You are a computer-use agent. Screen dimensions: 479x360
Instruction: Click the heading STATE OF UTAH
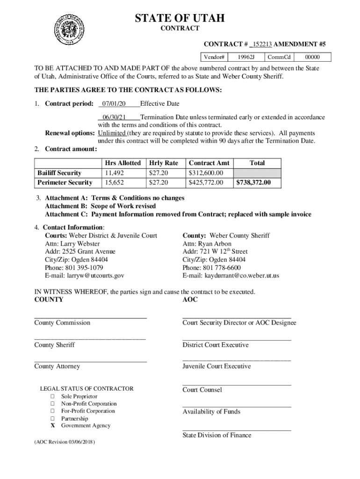pos(180,18)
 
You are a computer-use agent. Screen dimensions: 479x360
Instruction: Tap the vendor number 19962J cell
pos(246,57)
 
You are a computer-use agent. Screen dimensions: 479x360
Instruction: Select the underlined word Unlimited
pos(111,133)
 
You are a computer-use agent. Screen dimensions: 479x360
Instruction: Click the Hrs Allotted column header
pos(122,163)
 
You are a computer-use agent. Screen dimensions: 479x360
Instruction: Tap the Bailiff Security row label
pos(59,173)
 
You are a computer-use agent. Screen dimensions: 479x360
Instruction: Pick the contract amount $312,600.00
pos(206,173)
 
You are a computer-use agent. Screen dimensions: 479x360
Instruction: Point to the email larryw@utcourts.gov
pos(85,276)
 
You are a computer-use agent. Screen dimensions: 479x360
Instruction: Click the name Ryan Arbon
pos(215,244)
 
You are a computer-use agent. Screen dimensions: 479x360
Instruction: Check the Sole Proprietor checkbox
pos(53,397)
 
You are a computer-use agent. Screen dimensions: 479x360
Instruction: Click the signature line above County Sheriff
pos(90,339)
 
